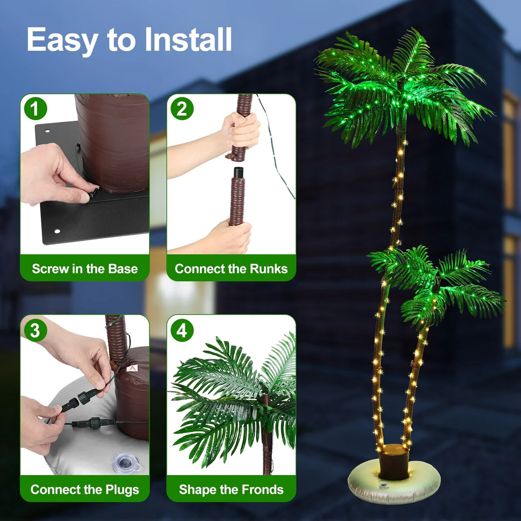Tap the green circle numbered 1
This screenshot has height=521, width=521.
[36, 109]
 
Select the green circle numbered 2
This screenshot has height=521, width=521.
[182, 109]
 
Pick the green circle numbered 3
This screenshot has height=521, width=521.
[36, 331]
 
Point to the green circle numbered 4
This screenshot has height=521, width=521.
[182, 331]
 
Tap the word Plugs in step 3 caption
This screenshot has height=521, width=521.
[123, 490]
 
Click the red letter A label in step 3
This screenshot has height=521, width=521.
[132, 368]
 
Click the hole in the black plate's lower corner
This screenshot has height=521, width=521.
[57, 231]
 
